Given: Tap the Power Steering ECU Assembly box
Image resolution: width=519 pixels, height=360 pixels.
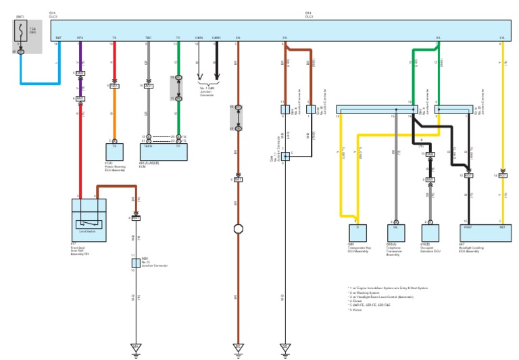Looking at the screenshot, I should [114, 147].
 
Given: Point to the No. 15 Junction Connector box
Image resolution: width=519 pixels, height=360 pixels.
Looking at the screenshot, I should [135, 262].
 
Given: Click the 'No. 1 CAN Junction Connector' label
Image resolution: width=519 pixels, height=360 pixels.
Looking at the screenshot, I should [207, 90].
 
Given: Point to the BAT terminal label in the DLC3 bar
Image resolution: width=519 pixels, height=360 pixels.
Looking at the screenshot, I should [58, 38].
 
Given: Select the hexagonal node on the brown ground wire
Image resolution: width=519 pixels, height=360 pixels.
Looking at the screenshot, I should [238, 229].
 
